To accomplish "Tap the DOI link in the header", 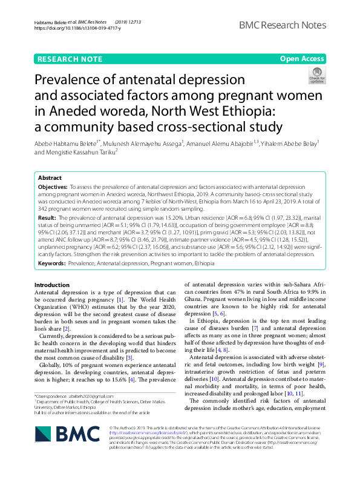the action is tap(77, 28).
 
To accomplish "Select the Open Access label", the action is tap(302, 59).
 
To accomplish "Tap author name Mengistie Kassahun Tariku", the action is tap(80, 152).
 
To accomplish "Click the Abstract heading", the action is tap(50, 178).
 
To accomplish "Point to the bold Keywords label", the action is tap(51, 264).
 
